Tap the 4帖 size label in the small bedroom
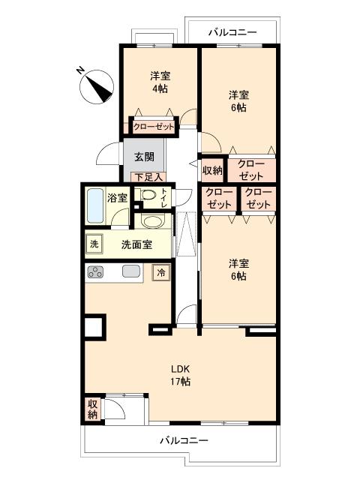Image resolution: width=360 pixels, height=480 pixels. click(x=158, y=89)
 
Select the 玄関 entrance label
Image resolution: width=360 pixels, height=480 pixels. click(x=145, y=157)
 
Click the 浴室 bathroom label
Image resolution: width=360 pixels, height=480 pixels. click(x=117, y=198)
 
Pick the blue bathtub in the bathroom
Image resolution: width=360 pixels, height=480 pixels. click(x=94, y=205)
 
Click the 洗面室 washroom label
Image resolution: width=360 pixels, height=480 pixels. click(x=137, y=244)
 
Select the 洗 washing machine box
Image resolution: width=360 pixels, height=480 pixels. click(x=94, y=244)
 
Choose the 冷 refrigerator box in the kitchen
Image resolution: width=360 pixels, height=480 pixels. click(x=160, y=273)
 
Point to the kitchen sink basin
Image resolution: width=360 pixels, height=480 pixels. click(x=131, y=272)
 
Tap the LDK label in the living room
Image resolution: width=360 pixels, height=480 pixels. click(x=179, y=369)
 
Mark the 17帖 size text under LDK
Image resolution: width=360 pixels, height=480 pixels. click(x=179, y=382)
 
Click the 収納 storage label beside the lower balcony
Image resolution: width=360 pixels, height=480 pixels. click(x=92, y=409)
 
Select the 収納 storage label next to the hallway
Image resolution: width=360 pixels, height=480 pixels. click(x=212, y=170)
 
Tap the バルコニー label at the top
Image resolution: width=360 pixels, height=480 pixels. click(x=232, y=32)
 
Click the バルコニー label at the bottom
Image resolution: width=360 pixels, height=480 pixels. click(x=183, y=441)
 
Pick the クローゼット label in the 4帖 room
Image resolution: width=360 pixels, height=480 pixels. click(x=154, y=127)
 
